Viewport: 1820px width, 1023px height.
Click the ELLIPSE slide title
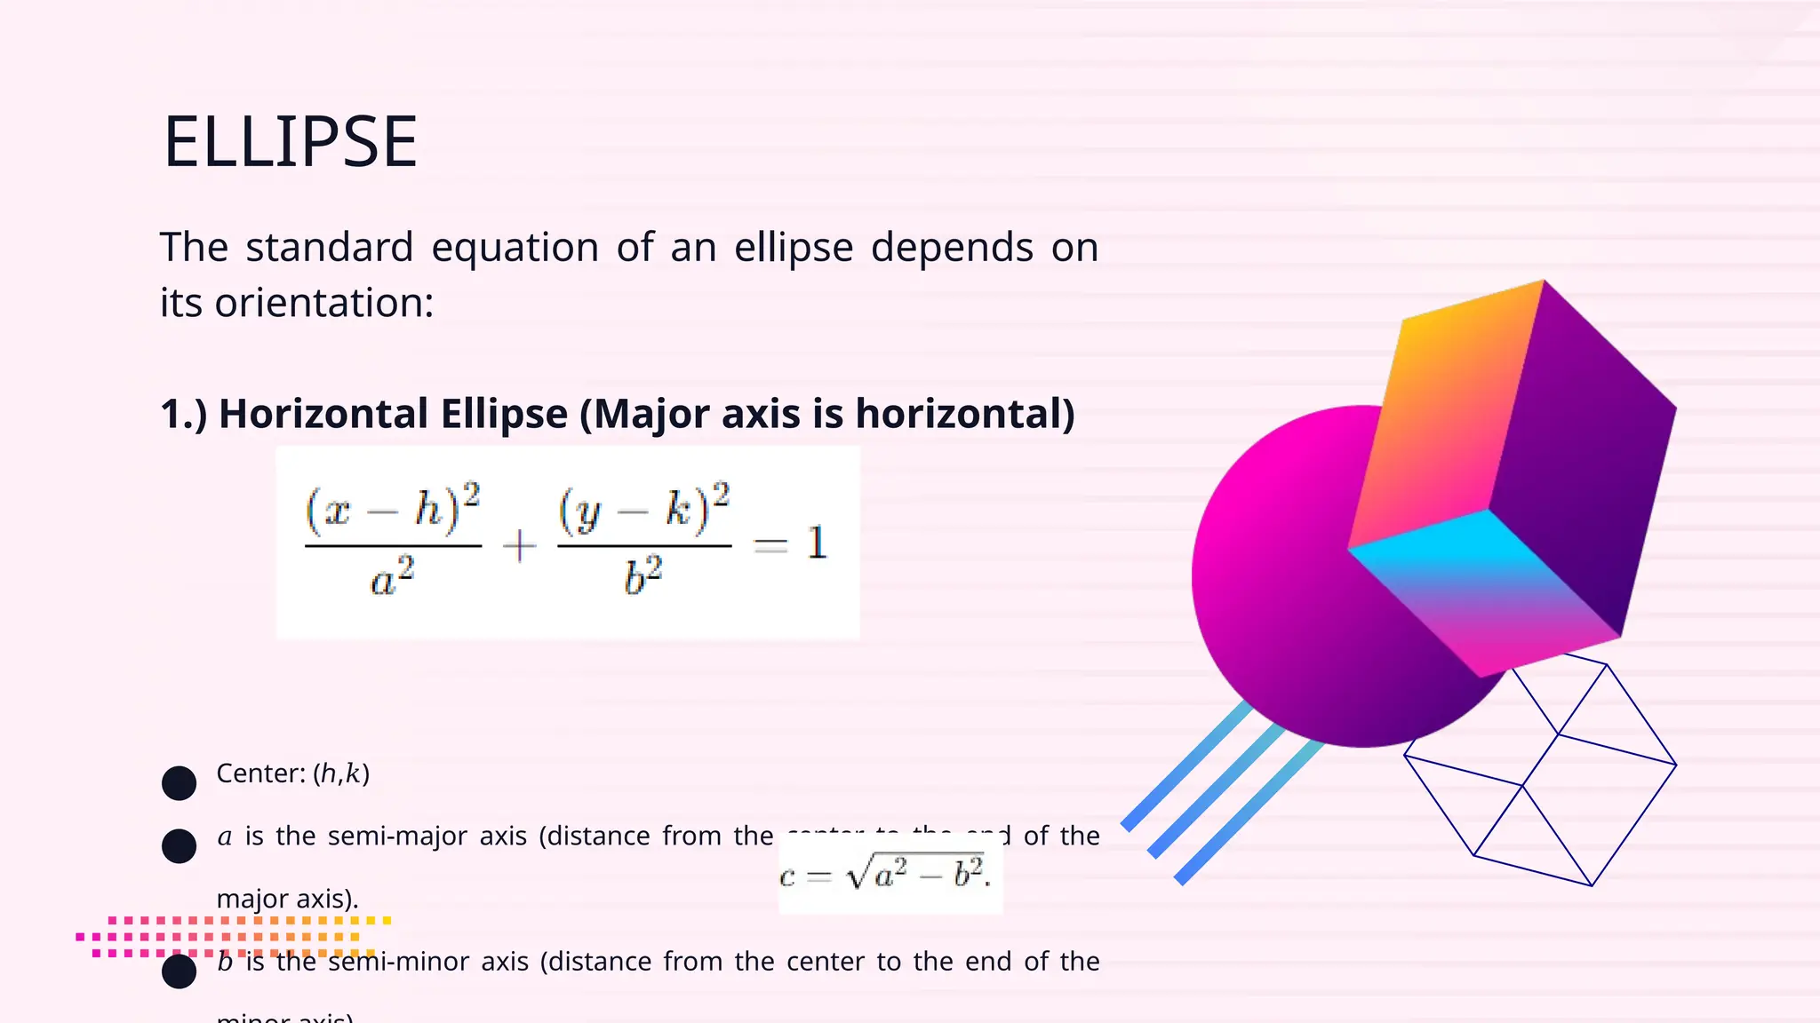click(290, 142)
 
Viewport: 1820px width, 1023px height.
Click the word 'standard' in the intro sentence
click(329, 248)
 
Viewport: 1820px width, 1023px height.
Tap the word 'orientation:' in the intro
click(323, 304)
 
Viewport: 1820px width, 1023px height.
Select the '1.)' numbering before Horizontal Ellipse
click(183, 415)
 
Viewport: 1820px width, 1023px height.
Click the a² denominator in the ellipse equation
click(392, 578)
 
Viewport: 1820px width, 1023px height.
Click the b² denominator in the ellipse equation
click(643, 578)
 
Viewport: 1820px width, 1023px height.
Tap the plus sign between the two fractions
click(519, 545)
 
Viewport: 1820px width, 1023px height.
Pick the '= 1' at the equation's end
click(791, 543)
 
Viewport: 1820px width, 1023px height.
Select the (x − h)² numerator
click(392, 509)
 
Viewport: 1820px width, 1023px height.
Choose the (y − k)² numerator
click(643, 509)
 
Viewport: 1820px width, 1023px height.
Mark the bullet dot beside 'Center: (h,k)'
click(179, 783)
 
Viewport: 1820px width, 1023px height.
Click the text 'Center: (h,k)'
click(292, 773)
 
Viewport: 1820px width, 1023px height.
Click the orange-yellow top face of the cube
click(1449, 408)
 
